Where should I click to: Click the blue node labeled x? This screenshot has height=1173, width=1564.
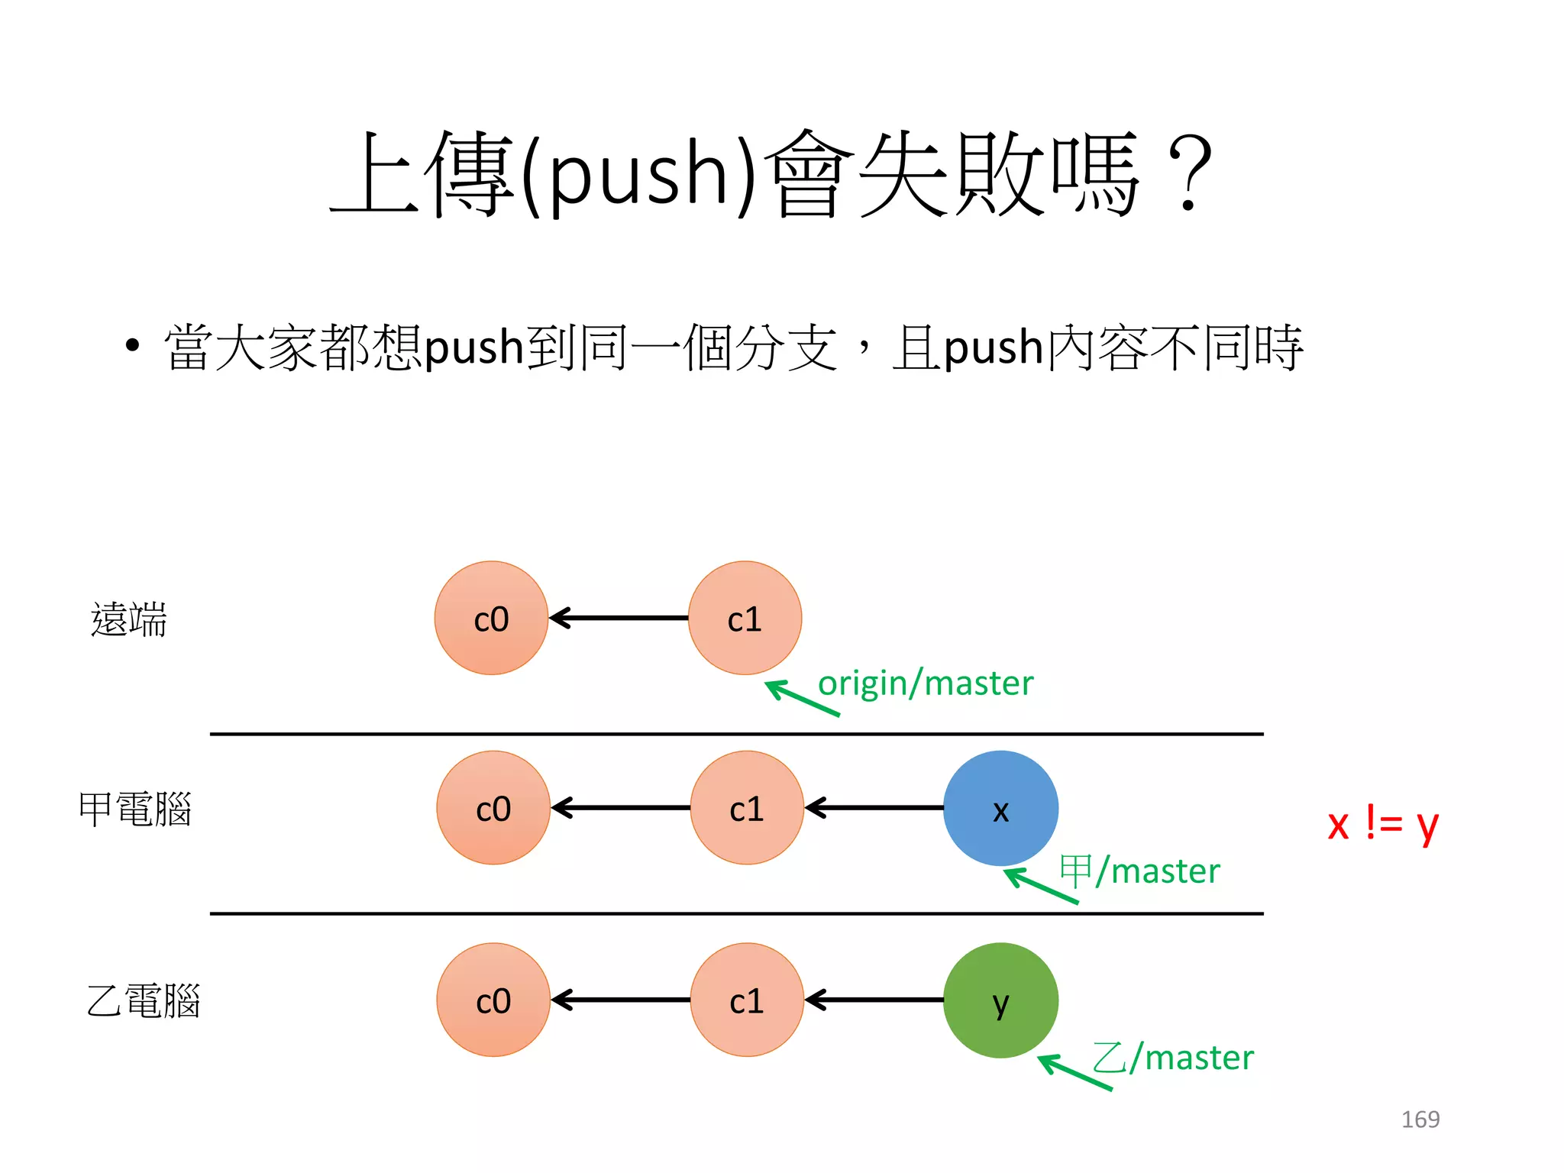tap(1000, 808)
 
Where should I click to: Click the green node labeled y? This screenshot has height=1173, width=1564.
tap(1000, 1000)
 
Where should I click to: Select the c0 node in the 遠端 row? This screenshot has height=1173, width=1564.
tap(491, 618)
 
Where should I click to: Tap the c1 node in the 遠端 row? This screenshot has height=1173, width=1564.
tap(745, 618)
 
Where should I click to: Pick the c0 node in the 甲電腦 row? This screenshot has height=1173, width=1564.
tap(493, 808)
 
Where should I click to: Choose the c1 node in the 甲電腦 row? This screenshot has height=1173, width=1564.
tap(747, 808)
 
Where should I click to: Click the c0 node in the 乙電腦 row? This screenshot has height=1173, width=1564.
tap(493, 1000)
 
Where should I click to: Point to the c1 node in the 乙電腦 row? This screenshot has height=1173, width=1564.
tap(747, 1000)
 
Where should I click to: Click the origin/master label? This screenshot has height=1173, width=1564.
tap(926, 683)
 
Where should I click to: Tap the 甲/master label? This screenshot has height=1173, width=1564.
tap(1140, 871)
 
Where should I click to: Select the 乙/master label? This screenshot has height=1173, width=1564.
tap(1173, 1058)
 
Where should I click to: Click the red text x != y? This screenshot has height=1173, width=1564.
tap(1382, 825)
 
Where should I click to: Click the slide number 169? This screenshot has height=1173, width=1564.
tap(1420, 1120)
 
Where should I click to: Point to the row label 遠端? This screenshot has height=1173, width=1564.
tap(128, 619)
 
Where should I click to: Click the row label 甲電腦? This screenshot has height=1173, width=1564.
tap(135, 809)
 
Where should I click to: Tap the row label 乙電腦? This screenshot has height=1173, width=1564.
tap(143, 1001)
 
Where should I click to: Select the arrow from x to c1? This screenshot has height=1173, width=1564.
tap(874, 808)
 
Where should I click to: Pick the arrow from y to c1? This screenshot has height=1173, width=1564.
tap(874, 1000)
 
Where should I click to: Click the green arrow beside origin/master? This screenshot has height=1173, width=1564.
tap(801, 698)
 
